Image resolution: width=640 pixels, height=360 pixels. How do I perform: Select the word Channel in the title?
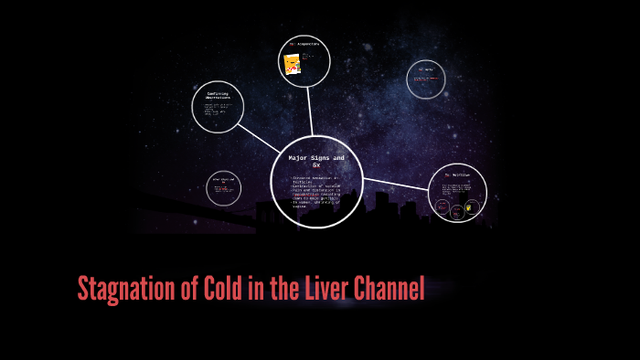(x=389, y=290)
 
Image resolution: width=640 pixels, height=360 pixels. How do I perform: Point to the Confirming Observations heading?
(x=218, y=96)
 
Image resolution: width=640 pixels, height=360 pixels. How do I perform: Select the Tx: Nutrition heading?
(x=457, y=175)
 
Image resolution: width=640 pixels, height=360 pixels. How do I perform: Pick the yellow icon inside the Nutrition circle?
(x=470, y=207)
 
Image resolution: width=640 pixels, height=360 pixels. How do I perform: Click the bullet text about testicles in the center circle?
(x=315, y=183)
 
